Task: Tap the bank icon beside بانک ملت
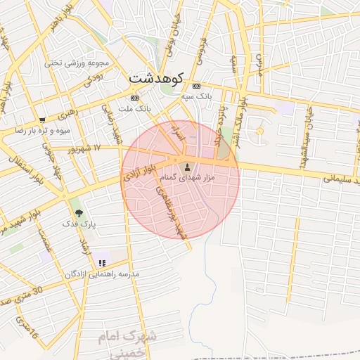(x=134, y=98)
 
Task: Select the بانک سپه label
(x=196, y=94)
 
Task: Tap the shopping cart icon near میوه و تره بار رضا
(x=43, y=120)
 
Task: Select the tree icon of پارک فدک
(x=77, y=212)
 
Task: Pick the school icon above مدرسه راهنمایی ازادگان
(x=103, y=263)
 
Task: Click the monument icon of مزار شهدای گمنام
(x=186, y=167)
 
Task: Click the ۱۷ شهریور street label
(x=86, y=148)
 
